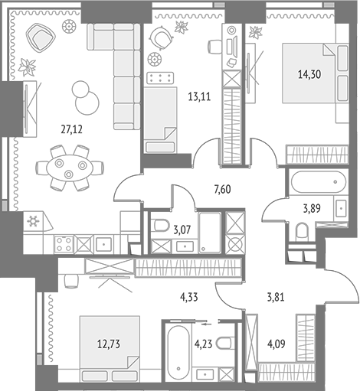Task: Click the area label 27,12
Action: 71,130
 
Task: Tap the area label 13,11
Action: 199,97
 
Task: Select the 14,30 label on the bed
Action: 309,74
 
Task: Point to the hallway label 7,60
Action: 222,190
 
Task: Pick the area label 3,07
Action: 182,230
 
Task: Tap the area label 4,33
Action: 189,298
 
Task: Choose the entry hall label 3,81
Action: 276,298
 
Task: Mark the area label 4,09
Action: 277,344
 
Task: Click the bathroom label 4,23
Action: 203,344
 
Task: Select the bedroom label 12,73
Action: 109,344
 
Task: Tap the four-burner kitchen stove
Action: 64,244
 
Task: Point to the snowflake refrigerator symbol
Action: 33,221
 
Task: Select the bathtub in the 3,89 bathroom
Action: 319,182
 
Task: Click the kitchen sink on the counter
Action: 104,244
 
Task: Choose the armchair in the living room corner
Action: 41,37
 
